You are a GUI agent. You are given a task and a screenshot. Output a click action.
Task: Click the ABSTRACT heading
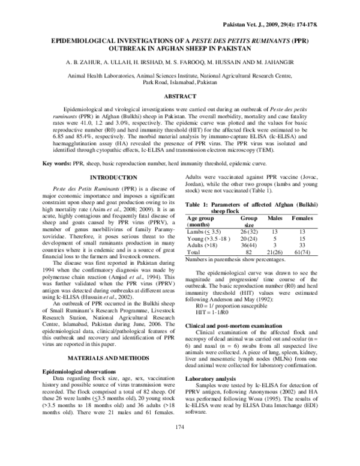coord(179,96)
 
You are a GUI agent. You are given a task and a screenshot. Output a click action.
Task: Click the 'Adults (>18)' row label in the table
coord(203,246)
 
